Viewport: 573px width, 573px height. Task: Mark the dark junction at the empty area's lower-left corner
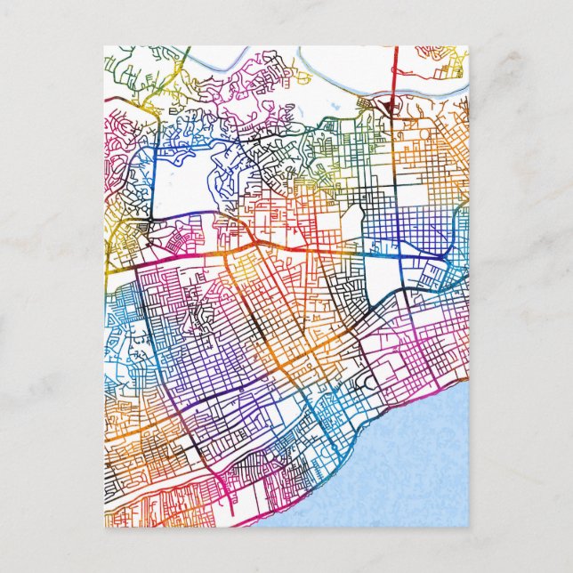coord(152,217)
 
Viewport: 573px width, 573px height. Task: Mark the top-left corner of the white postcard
coord(103,46)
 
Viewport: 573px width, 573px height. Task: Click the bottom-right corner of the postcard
coord(468,526)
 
